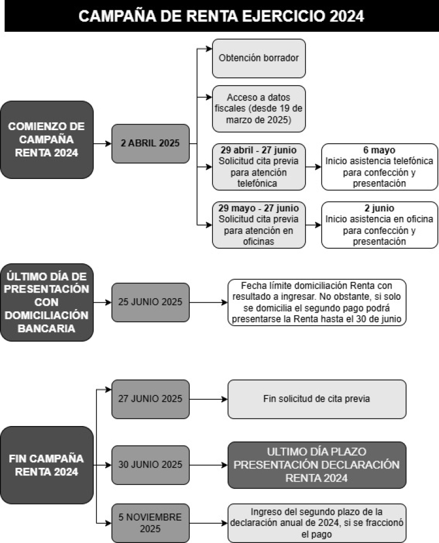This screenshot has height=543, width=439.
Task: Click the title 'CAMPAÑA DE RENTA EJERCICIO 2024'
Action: [x=221, y=16]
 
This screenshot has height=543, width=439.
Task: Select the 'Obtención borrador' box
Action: [x=258, y=58]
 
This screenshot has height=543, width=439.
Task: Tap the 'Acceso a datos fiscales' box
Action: [x=258, y=109]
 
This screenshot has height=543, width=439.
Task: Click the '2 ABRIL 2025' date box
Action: [x=150, y=144]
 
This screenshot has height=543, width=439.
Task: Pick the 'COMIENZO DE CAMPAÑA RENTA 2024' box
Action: [x=47, y=139]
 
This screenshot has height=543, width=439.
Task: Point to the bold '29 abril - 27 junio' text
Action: [x=258, y=150]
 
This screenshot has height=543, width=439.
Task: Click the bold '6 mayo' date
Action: [x=380, y=150]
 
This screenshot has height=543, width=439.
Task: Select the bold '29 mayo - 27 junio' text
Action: [x=258, y=208]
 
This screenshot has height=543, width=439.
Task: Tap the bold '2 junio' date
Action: [x=380, y=209]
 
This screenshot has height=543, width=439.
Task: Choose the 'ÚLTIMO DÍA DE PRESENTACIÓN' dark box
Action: [x=47, y=302]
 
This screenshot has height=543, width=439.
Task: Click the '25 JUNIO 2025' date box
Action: [x=150, y=302]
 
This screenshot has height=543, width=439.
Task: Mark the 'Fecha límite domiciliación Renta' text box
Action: [x=317, y=302]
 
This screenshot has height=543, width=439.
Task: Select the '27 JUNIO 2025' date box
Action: [x=150, y=399]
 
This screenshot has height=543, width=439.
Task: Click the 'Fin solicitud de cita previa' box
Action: [x=317, y=399]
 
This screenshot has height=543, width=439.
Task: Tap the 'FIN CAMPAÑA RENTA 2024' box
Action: [x=47, y=464]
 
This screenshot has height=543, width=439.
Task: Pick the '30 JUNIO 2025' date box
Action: [x=150, y=464]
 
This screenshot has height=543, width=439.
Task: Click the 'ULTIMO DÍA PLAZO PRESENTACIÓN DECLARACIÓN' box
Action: [x=317, y=464]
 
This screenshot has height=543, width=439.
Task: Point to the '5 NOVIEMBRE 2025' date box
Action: [x=150, y=523]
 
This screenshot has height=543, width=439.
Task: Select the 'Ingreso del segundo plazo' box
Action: [x=317, y=523]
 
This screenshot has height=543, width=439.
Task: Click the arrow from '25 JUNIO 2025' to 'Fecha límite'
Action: [x=209, y=302]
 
